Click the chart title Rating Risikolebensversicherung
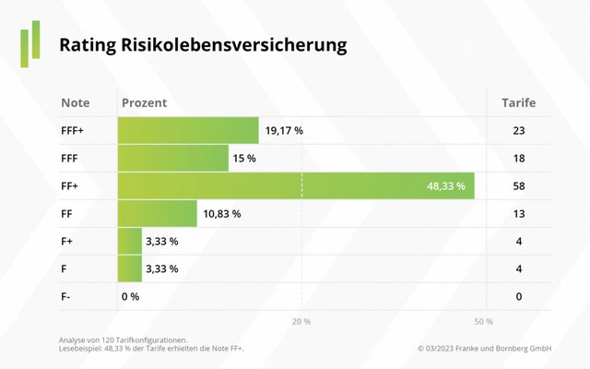pos(203,45)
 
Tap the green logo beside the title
pos(30,42)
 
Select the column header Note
pos(75,102)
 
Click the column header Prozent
pos(144,102)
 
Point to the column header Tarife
pos(518,102)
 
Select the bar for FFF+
pos(188,131)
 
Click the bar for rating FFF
pos(173,159)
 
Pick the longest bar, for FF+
pos(295,186)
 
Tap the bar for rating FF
pos(158,214)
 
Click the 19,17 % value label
pos(284,131)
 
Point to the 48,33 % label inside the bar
pos(445,186)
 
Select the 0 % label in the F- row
pos(130,297)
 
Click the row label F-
pos(67,297)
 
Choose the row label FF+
pos(70,186)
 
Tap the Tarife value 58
pos(519,186)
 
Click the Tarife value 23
pos(519,131)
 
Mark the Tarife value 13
pos(519,214)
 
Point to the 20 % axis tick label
pos(301,321)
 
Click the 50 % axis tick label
pos(483,321)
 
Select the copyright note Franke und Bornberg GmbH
pos(484,348)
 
